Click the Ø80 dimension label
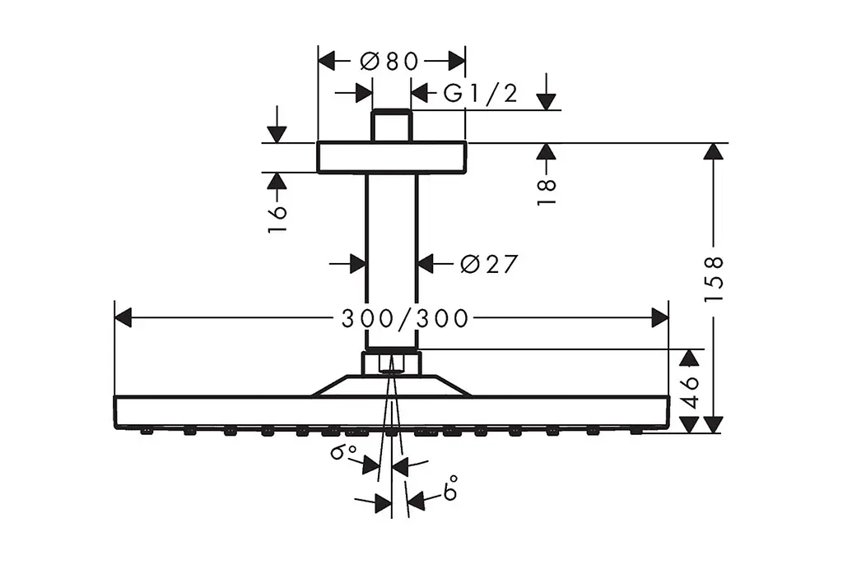[x=389, y=61]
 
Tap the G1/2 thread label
[x=480, y=94]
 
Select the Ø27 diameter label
[x=489, y=264]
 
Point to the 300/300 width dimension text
[x=405, y=318]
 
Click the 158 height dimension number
[x=714, y=279]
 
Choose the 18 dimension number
[x=547, y=192]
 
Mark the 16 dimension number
[x=277, y=218]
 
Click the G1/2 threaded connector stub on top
[x=391, y=126]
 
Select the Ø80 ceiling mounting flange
[x=391, y=157]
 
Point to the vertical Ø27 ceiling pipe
[x=391, y=261]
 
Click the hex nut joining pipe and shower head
[x=391, y=363]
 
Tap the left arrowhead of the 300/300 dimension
[x=123, y=317]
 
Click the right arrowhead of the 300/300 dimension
[x=659, y=317]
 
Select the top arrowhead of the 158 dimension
[x=714, y=152]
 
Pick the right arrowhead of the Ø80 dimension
[x=456, y=61]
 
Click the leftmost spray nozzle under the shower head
[x=146, y=431]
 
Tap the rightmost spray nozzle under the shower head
[x=636, y=431]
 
